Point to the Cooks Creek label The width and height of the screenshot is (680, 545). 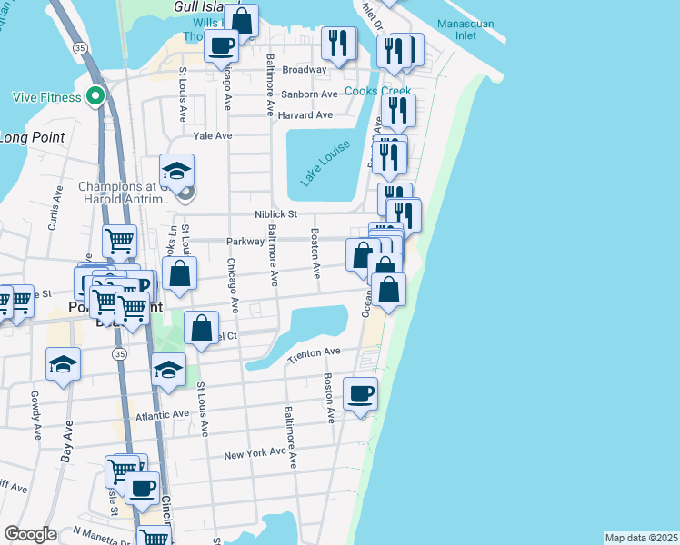click(x=377, y=92)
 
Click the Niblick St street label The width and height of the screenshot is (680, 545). click(x=275, y=214)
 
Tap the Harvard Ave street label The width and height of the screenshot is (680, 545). click(x=305, y=115)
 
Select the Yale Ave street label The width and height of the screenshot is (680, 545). click(x=212, y=135)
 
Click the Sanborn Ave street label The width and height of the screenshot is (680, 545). click(x=310, y=94)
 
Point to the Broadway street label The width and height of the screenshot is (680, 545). click(x=304, y=70)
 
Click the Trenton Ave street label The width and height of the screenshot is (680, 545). click(x=313, y=353)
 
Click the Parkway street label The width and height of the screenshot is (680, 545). click(x=245, y=242)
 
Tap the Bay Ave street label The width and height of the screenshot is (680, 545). click(x=66, y=444)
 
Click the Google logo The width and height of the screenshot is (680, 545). click(x=30, y=534)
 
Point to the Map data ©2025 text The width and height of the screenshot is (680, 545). click(x=641, y=538)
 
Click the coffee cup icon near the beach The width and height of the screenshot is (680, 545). click(x=361, y=393)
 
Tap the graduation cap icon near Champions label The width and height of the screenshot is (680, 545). click(x=176, y=170)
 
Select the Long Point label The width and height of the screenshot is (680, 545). click(x=26, y=138)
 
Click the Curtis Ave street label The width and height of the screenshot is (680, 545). click(x=57, y=208)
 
